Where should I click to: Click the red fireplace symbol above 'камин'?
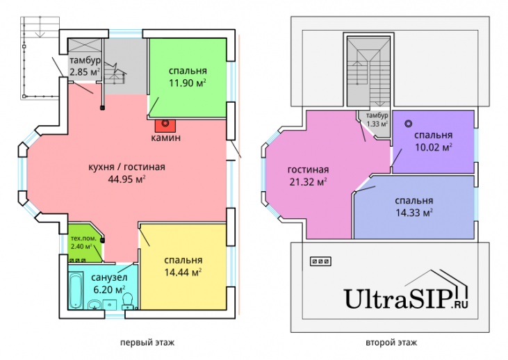[166, 125]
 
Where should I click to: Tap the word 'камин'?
[166, 138]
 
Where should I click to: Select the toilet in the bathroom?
[127, 300]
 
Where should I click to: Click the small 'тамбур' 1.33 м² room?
[377, 120]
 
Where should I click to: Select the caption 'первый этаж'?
[147, 343]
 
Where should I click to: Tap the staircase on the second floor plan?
[369, 69]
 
